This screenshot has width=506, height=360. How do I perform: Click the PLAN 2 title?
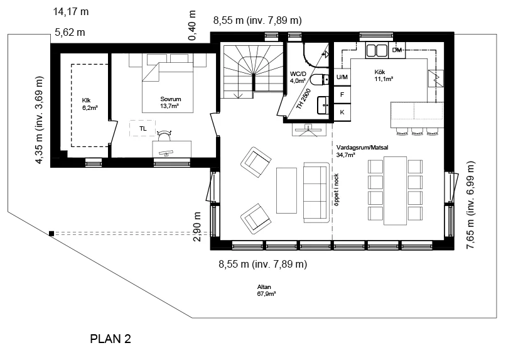(x=110, y=339)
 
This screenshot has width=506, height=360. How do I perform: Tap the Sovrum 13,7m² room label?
(x=170, y=102)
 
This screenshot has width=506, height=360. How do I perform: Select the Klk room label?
(x=87, y=101)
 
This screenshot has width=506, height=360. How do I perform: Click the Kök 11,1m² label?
(x=384, y=75)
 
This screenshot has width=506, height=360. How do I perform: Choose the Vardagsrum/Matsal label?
(x=362, y=148)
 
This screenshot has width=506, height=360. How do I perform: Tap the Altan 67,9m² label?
(x=266, y=290)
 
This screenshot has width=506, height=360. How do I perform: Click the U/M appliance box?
(x=342, y=77)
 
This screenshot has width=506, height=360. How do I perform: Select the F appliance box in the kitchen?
(x=342, y=95)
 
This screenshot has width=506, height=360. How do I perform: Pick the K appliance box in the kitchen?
(x=342, y=112)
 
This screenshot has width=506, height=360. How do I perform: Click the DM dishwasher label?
(x=397, y=50)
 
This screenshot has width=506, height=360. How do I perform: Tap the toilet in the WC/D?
(x=320, y=80)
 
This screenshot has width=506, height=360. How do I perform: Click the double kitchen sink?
(x=377, y=50)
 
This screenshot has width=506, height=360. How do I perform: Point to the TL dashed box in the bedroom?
(x=143, y=129)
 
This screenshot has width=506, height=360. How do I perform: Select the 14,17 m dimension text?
(x=71, y=12)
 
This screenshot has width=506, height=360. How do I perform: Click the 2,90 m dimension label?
(x=197, y=227)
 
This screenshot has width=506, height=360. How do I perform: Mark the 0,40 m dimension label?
(x=191, y=26)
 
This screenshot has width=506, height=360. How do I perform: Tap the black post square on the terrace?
(x=51, y=234)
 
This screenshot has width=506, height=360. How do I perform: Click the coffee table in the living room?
(x=286, y=190)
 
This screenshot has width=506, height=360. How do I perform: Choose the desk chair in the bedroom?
(x=164, y=135)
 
